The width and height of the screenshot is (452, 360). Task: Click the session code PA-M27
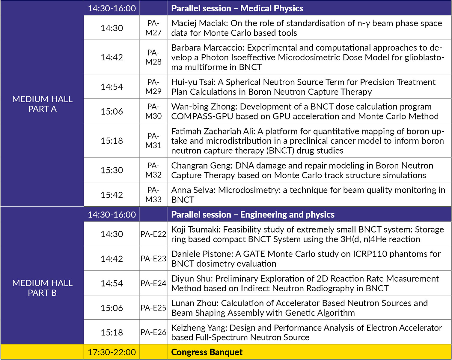click(x=153, y=28)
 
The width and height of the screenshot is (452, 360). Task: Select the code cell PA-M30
click(x=153, y=111)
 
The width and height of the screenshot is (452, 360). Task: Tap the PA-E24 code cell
click(x=153, y=283)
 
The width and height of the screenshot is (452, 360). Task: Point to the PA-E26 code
click(x=153, y=332)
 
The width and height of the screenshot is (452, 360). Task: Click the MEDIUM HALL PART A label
click(x=42, y=104)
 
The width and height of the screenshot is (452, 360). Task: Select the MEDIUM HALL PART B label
click(x=42, y=288)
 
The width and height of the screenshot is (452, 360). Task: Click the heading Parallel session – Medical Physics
click(x=237, y=8)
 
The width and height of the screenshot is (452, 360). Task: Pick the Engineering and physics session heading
click(x=253, y=214)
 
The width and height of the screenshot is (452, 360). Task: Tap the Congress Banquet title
click(x=207, y=352)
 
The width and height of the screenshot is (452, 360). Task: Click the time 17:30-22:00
click(x=112, y=352)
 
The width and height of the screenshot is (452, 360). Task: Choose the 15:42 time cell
click(x=112, y=195)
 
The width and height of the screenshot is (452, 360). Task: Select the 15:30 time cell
click(x=112, y=170)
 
